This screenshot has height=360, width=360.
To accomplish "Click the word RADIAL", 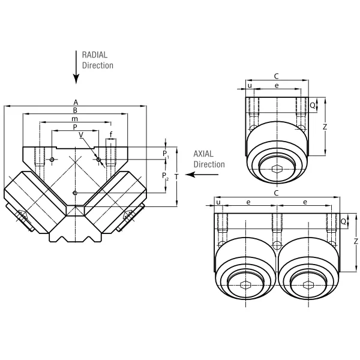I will tap(95, 55).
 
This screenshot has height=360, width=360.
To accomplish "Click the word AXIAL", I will tap(205, 154).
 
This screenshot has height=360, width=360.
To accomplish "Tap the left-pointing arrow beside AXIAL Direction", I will tap(202, 175).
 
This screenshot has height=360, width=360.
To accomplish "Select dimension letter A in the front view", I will tap(75, 102).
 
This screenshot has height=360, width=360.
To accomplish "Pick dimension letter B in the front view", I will tap(75, 110).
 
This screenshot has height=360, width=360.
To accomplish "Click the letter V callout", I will tap(82, 134).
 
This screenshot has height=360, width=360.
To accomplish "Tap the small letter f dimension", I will tap(110, 134).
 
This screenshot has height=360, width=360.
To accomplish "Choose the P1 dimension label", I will tap(166, 154).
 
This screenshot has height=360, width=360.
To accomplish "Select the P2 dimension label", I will tap(166, 175).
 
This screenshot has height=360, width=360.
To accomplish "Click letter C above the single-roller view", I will tap(276, 76).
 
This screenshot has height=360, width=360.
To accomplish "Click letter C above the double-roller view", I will tap(276, 193).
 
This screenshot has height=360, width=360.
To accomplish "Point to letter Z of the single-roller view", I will tap(323, 127).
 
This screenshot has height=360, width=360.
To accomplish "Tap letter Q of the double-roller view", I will tap(343, 221).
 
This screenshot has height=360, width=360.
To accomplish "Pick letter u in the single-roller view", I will tap(250, 86).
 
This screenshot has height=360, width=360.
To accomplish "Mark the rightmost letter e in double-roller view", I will tap(305, 203).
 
